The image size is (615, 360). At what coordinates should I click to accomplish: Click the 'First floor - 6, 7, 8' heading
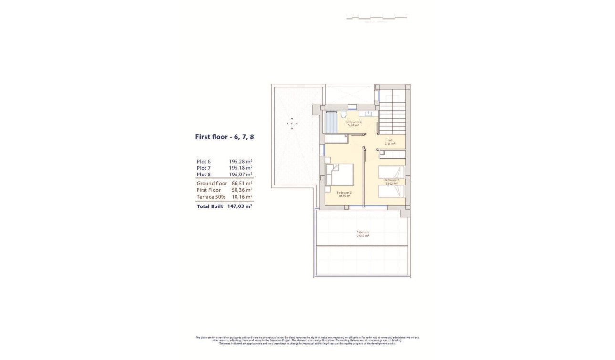point(224,137)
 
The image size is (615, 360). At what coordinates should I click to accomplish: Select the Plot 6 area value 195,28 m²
point(240,162)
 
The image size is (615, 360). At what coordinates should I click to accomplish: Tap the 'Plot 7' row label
point(204,168)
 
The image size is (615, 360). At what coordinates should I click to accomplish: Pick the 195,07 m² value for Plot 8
point(240,175)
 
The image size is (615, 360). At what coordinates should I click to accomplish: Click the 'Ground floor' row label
point(212,183)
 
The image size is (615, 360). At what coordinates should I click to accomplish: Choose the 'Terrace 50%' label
point(210,197)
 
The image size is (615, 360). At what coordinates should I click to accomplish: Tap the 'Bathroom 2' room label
point(353,123)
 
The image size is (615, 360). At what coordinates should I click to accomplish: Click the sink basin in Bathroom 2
point(369,114)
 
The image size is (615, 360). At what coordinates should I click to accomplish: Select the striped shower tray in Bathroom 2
point(331,123)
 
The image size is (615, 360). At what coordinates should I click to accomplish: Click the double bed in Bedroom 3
point(340,175)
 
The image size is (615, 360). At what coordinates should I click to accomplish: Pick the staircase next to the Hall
point(392,114)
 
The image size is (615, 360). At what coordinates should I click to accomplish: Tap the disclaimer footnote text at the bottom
point(307,341)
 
